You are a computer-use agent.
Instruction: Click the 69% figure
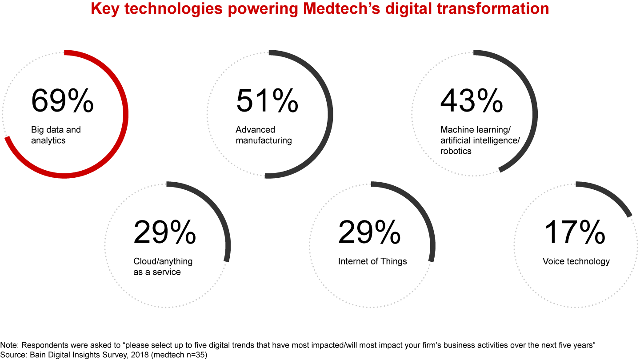62,101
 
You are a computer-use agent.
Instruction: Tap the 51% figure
267,101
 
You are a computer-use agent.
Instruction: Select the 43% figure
472,101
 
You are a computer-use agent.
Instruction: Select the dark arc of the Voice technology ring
611,196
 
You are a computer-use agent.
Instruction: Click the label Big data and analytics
56,135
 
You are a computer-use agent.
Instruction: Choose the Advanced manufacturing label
264,135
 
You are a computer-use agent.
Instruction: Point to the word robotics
456,151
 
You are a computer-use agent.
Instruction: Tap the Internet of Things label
372,261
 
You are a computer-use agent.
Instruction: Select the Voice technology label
576,261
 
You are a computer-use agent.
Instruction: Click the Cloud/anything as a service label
163,267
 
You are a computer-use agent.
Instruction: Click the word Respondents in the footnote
37,345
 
